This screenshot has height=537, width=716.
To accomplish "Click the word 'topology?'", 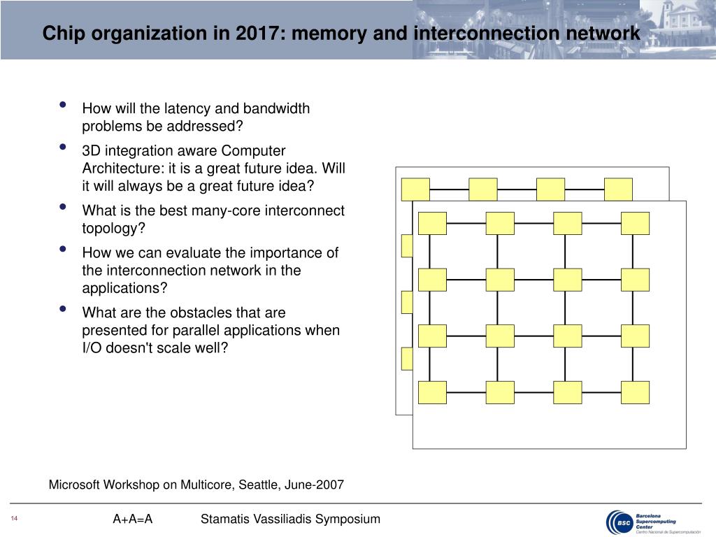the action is [x=112, y=228].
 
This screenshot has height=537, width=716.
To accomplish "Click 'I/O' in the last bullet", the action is [x=92, y=348].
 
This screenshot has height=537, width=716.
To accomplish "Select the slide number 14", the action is [x=13, y=519].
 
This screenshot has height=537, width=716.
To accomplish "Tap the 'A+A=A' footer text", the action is [x=133, y=519].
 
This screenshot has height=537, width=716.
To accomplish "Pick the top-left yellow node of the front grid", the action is [x=432, y=223].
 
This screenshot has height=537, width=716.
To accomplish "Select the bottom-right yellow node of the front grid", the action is [x=635, y=392].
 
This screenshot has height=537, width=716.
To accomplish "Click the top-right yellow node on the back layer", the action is [x=618, y=189].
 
